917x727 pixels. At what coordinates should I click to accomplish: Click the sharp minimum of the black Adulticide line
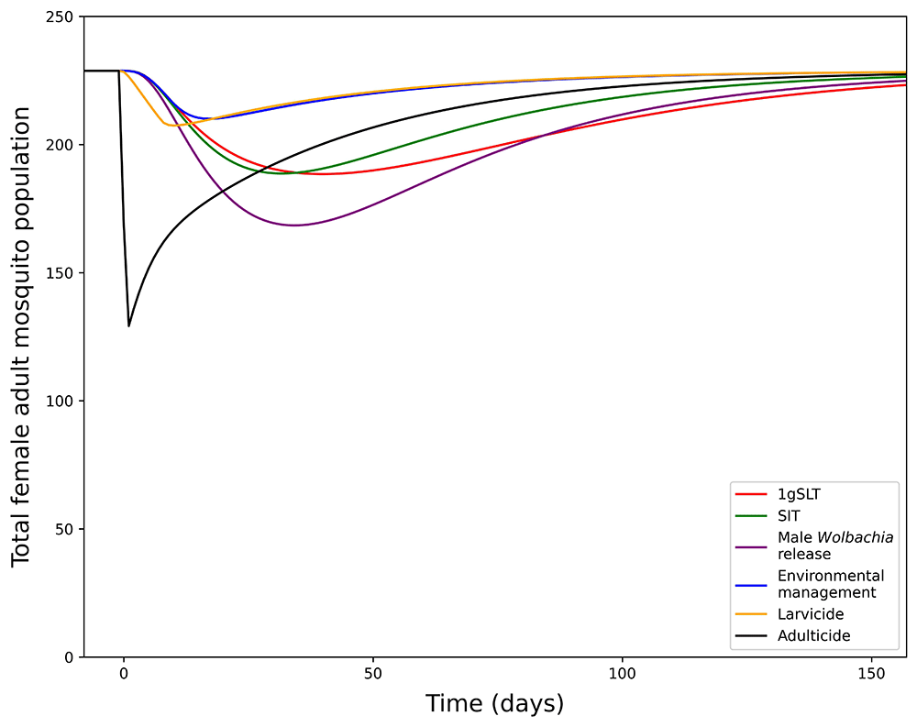click(x=128, y=325)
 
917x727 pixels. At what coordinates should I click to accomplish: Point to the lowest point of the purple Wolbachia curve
click(x=293, y=225)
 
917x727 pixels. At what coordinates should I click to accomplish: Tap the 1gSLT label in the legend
click(x=799, y=494)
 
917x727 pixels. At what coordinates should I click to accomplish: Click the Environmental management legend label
click(x=831, y=584)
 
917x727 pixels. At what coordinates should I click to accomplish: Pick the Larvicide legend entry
click(x=811, y=613)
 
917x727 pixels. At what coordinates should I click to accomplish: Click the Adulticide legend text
click(x=813, y=635)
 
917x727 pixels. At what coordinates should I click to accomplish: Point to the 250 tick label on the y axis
click(x=61, y=17)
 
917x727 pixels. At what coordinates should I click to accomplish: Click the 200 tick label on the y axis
click(x=61, y=145)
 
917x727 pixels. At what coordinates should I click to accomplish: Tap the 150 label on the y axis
click(x=61, y=272)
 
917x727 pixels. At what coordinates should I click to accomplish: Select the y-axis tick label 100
click(x=61, y=401)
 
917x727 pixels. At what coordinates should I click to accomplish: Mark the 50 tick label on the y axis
click(x=66, y=529)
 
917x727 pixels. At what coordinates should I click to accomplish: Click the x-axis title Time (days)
click(x=494, y=704)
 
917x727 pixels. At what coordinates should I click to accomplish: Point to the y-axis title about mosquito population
click(x=22, y=336)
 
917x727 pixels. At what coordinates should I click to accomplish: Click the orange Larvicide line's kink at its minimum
click(x=166, y=124)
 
